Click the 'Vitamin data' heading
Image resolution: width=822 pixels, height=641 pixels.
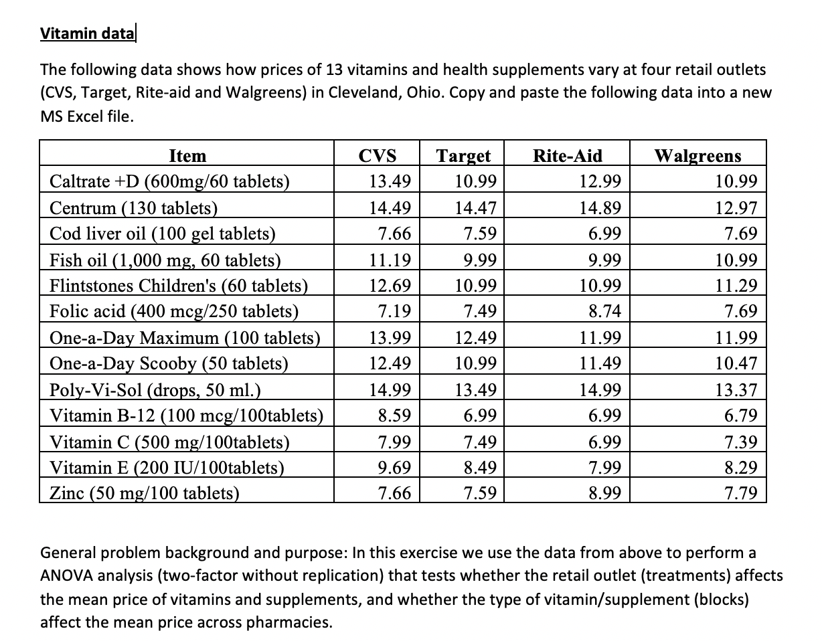click(87, 33)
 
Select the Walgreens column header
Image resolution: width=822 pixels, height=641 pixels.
click(697, 156)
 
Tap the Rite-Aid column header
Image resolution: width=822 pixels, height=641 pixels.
click(567, 156)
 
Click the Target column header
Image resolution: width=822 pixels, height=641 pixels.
click(463, 156)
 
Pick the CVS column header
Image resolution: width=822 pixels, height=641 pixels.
click(378, 156)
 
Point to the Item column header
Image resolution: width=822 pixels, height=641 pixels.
click(187, 156)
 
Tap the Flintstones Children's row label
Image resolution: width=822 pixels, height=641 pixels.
click(179, 286)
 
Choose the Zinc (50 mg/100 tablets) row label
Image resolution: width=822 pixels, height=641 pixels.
click(145, 494)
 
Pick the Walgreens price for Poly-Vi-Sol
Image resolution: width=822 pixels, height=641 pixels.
click(738, 390)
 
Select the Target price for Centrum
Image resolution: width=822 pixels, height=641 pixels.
click(475, 208)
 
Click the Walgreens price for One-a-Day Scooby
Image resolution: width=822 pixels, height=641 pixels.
click(738, 364)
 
